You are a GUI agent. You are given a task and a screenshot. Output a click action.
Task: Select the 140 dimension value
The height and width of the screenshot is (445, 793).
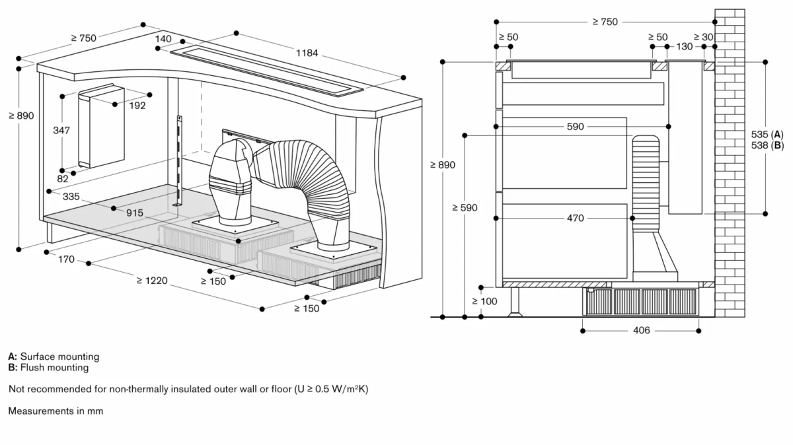tap(163, 40)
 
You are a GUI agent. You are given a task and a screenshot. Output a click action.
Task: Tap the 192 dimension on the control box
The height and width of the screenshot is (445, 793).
tap(137, 105)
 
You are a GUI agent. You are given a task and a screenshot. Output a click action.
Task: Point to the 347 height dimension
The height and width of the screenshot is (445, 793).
tap(62, 131)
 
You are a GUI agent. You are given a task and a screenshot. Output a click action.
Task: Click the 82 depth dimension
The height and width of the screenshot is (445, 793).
tap(62, 179)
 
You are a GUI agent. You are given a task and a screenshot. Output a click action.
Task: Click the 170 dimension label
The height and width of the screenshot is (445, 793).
tap(66, 259)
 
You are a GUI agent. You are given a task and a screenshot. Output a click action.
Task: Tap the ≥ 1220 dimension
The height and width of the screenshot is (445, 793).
tap(153, 281)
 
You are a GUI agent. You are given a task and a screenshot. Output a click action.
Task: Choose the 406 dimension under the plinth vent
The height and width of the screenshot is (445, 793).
tap(640, 329)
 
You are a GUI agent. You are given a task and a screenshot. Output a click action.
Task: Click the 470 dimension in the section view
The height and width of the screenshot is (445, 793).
tap(575, 218)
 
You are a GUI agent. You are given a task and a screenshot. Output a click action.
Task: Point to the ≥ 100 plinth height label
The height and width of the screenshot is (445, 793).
tap(484, 301)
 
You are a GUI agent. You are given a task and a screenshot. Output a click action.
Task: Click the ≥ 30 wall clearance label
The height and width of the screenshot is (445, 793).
tap(704, 37)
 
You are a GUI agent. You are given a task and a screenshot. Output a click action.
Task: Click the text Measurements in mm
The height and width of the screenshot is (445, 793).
tap(56, 411)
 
